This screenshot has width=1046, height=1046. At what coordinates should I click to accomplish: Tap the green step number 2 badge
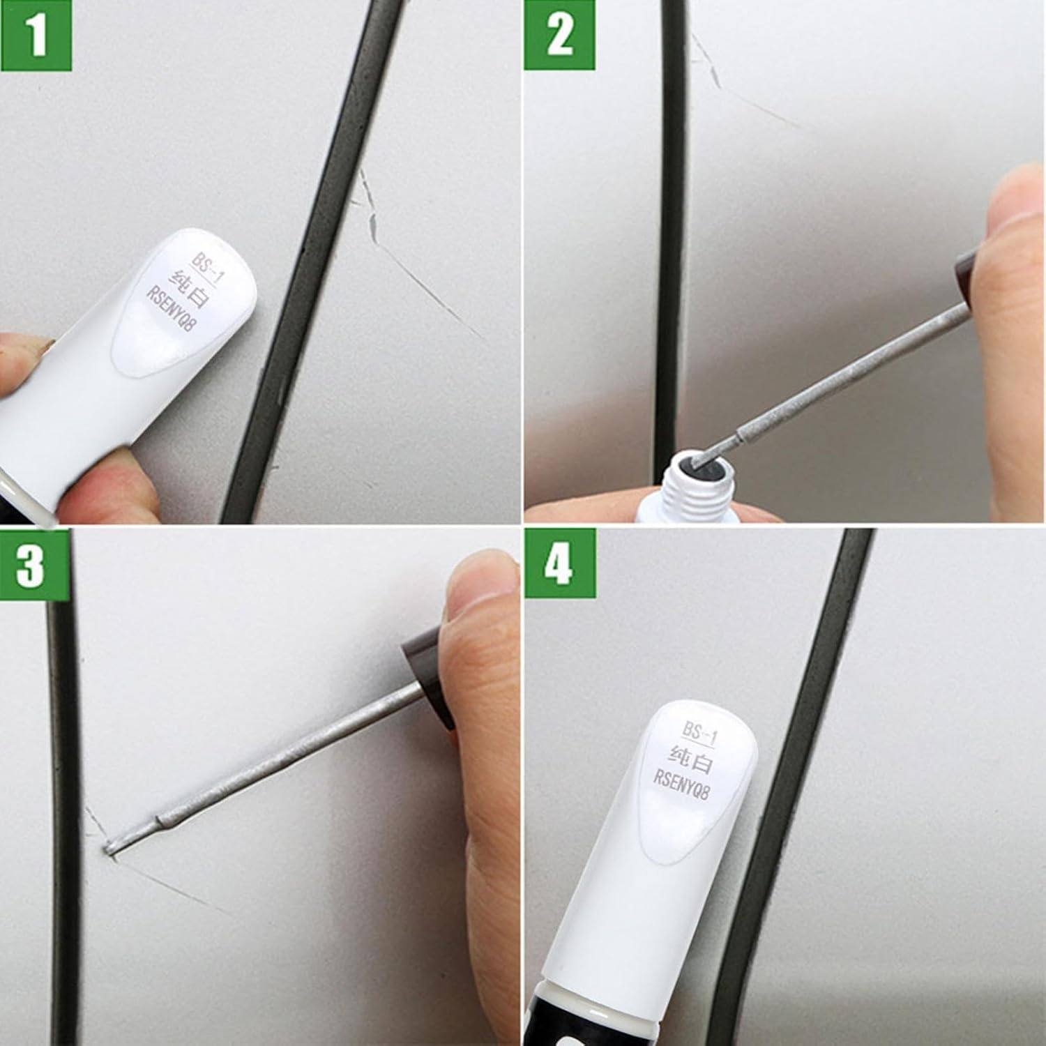[x=559, y=35]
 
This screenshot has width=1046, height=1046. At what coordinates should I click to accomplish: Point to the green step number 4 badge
[x=560, y=563]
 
